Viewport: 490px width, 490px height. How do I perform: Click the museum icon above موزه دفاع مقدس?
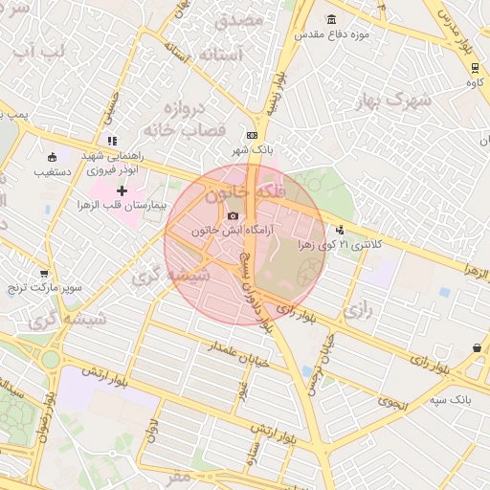tap(331, 20)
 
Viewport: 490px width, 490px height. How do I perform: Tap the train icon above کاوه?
tap(476, 66)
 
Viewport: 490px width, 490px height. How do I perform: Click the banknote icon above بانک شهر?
tap(252, 136)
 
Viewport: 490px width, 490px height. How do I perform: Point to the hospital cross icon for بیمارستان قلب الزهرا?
tap(122, 191)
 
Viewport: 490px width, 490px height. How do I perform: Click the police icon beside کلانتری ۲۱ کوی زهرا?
tap(340, 230)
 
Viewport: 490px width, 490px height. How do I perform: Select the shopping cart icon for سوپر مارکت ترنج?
tap(43, 274)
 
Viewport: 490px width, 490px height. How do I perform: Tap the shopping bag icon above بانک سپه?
tap(477, 349)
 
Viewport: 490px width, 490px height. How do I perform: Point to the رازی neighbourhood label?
tap(357, 310)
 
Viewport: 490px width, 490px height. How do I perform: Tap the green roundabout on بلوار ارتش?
tap(50, 360)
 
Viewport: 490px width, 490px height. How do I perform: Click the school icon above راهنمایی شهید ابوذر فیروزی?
tap(112, 140)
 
